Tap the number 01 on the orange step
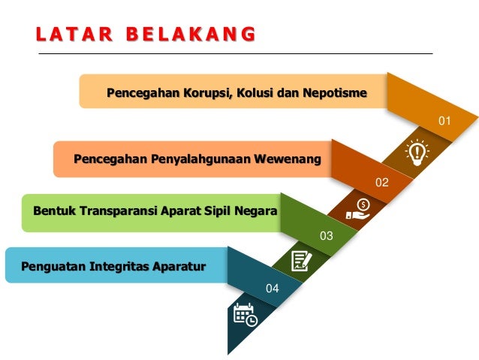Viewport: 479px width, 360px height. [x=444, y=120]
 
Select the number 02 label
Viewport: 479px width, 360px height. [x=382, y=182]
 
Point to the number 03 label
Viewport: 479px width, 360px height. [x=326, y=236]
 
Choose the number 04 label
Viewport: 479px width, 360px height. [x=272, y=289]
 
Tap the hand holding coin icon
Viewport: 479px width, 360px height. [x=358, y=207]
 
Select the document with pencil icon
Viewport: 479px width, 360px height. [x=300, y=260]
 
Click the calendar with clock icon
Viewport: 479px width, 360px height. [x=245, y=314]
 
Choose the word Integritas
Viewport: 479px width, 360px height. [x=120, y=265]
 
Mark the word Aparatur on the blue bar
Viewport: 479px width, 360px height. [x=180, y=265]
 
